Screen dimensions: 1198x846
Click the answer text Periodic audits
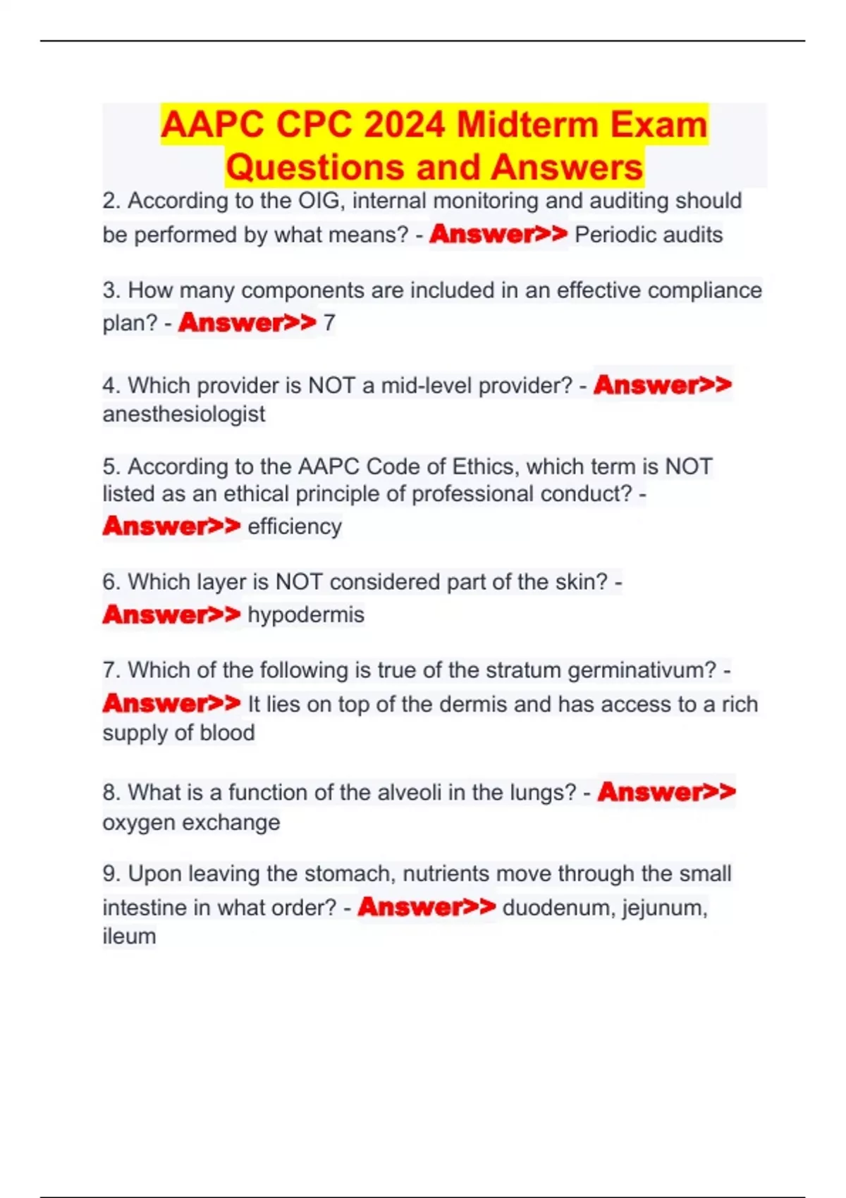click(649, 235)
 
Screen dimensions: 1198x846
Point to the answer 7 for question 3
click(329, 323)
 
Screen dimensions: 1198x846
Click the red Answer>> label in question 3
click(247, 323)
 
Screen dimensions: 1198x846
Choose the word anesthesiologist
click(184, 414)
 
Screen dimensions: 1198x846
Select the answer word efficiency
click(295, 526)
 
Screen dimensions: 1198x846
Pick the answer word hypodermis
click(306, 615)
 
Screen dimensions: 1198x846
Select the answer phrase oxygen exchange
click(191, 822)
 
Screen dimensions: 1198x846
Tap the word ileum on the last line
click(129, 937)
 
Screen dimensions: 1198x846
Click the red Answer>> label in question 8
click(666, 792)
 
